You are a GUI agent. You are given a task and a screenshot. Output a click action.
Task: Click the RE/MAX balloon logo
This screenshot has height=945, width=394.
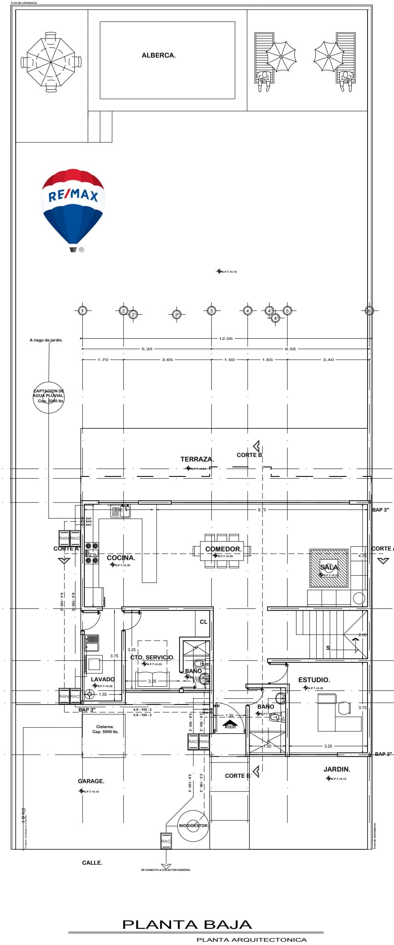click(x=73, y=207)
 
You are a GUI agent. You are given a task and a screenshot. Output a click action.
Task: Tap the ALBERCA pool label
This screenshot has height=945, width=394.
click(x=159, y=55)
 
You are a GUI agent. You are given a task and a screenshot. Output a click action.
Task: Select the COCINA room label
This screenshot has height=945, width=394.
click(x=121, y=558)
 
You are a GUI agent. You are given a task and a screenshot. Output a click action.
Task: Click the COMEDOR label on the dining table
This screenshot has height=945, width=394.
click(x=223, y=549)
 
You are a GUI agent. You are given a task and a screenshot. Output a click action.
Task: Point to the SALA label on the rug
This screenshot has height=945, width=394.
click(x=330, y=567)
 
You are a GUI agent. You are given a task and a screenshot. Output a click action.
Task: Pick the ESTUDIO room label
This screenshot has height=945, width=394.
click(x=314, y=680)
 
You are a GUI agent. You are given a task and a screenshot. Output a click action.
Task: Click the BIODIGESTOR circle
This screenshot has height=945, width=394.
click(x=193, y=825)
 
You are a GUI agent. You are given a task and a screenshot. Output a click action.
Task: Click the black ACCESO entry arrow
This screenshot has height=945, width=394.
click(x=230, y=724)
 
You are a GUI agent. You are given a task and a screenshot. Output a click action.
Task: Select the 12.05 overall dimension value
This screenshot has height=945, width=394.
click(x=226, y=339)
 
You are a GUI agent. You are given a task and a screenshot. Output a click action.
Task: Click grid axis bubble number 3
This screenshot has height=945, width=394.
click(x=211, y=310)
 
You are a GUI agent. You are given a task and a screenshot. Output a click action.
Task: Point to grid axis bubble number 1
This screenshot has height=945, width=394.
click(x=83, y=310)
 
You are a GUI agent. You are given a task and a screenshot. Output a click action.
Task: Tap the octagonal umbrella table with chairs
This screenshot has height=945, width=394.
click(x=51, y=62)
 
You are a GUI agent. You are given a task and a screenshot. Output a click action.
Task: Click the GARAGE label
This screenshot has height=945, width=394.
click(x=91, y=781)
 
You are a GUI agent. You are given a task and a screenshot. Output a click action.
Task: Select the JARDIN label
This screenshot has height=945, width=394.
click(x=337, y=769)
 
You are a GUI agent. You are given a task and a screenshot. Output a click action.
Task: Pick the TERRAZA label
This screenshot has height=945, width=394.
click(x=197, y=459)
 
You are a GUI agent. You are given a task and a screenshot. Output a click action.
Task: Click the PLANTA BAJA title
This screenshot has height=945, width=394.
click(x=187, y=925)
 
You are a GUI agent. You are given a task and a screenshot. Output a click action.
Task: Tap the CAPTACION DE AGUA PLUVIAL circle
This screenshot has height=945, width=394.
click(x=49, y=397)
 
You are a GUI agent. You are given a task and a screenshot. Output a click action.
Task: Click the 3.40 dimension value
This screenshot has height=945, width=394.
click(x=328, y=360)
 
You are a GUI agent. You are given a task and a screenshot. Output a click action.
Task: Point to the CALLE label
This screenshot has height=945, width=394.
click(x=92, y=861)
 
